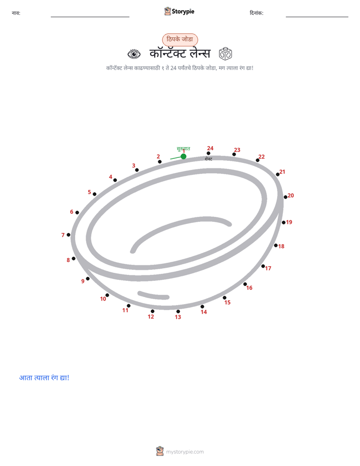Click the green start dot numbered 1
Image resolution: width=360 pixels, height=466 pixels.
184,156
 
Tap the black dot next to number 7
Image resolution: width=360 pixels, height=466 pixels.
69,235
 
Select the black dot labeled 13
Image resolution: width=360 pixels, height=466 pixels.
178,312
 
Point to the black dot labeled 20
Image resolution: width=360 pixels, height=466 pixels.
285,197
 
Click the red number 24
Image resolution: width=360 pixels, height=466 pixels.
210,148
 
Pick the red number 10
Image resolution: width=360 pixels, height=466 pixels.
103,299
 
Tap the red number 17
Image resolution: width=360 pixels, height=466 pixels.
268,268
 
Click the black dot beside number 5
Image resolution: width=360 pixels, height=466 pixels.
94,194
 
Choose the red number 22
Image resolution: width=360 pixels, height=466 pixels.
261,157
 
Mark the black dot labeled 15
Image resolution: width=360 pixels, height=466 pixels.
224,298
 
